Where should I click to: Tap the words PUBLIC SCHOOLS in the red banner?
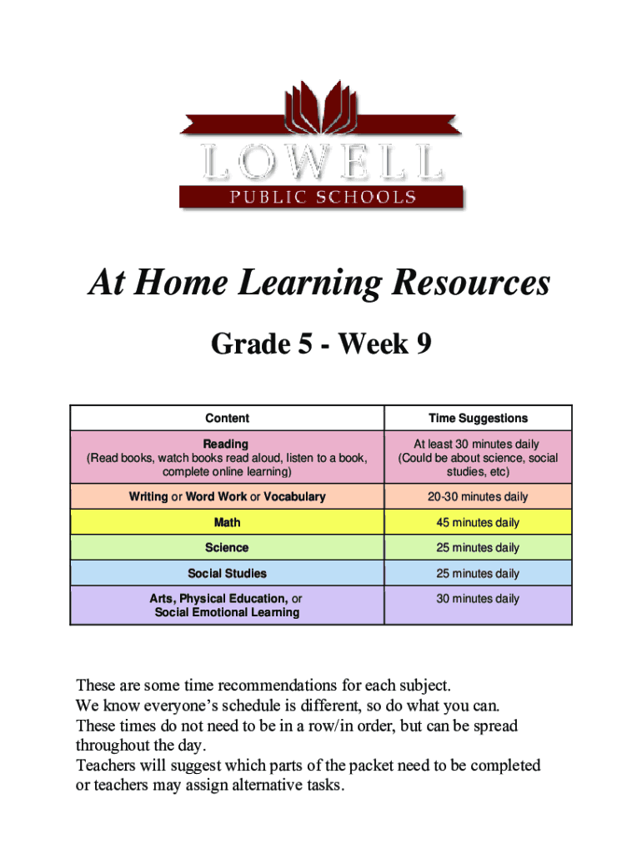click(x=321, y=198)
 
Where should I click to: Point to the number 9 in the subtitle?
click(x=423, y=343)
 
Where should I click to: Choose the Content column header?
click(x=227, y=418)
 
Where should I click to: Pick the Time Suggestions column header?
click(x=478, y=418)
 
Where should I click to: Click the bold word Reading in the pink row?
click(x=226, y=444)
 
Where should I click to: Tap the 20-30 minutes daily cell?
click(x=478, y=497)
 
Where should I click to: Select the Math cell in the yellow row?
click(x=227, y=523)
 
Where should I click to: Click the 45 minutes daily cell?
click(x=478, y=523)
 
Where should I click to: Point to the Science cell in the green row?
click(x=227, y=548)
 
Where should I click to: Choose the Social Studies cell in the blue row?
click(x=227, y=574)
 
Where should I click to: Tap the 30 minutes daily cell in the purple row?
click(x=478, y=599)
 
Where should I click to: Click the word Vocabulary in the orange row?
click(x=294, y=497)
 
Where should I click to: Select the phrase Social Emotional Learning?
click(x=227, y=612)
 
